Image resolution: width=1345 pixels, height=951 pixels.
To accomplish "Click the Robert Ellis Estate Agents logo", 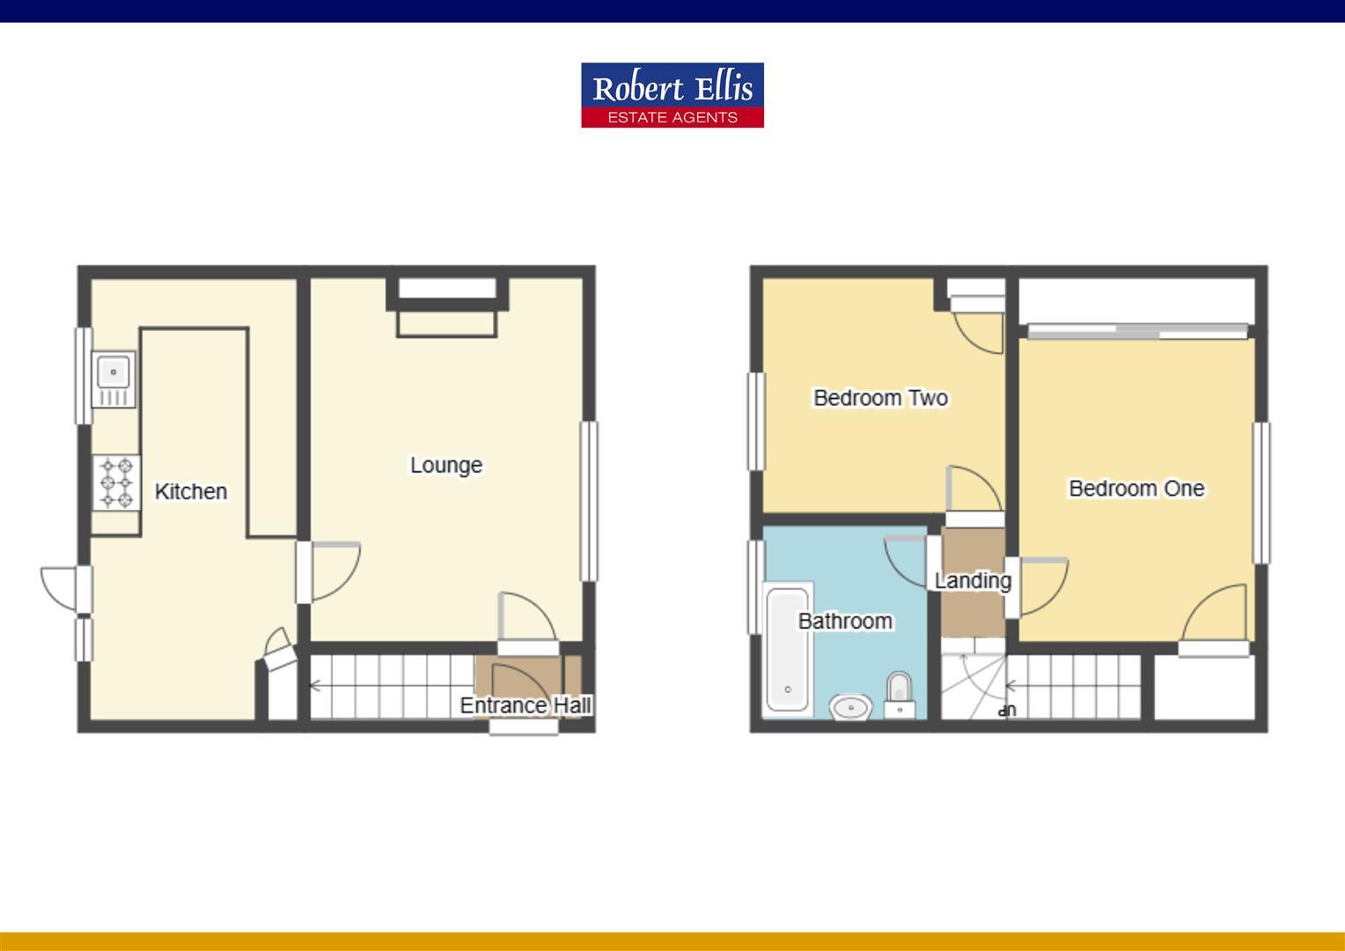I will pos(672,95).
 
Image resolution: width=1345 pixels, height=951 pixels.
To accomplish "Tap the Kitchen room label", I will pos(191,491).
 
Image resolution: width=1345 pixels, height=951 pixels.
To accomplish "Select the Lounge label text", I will pos(446,465).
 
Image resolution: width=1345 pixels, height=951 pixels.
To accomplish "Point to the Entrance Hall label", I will pos(526,705).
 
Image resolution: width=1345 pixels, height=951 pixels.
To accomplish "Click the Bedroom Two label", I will pos(880,398).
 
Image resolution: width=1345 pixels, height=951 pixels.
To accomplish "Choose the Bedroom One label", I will pos(1136,488).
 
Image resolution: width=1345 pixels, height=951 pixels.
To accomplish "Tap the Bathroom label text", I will pos(845,621).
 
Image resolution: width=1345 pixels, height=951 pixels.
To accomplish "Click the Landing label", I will pos(973,580).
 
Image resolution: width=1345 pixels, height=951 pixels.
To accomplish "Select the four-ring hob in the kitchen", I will pos(116,482).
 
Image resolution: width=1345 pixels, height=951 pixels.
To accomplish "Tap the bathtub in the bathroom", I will pos(788,650).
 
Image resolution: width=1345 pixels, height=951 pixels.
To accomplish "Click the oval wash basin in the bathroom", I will pos(850,706).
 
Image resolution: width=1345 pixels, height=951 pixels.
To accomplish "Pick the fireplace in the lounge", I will pos(447,307).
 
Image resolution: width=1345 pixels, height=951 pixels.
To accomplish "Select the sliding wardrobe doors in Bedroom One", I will pos(1137,331).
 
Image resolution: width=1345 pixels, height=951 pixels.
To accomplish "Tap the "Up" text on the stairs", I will pos(1008,710).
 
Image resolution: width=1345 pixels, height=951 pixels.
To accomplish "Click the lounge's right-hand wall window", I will pos(589,501).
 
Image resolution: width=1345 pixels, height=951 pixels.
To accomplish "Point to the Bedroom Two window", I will pos(756,421).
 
